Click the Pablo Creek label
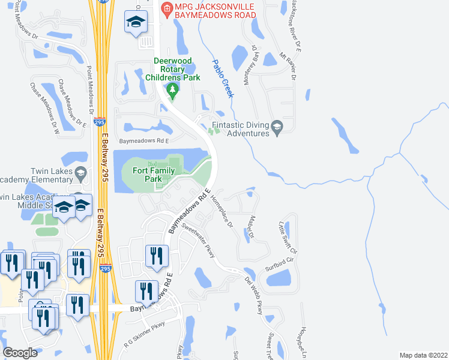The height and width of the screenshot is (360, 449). click(x=223, y=78)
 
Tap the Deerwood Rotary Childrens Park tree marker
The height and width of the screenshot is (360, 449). click(x=173, y=91)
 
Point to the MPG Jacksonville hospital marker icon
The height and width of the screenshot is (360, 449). click(x=166, y=9)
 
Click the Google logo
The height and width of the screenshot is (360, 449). click(x=20, y=353)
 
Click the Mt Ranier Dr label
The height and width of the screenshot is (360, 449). click(x=288, y=66)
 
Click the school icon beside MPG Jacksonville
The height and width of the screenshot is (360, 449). click(x=136, y=24)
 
